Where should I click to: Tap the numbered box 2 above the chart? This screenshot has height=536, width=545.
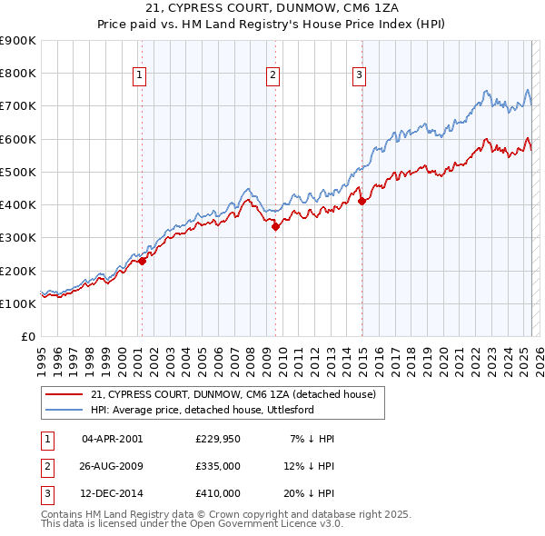[x=272, y=76]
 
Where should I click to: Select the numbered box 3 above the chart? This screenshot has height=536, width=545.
[x=359, y=76]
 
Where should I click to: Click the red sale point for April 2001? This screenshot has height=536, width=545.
[x=142, y=262]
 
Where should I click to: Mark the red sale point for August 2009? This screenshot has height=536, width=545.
[x=275, y=227]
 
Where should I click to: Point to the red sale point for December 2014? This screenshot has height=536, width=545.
[x=362, y=202]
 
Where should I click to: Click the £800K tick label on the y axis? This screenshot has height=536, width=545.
[x=18, y=74]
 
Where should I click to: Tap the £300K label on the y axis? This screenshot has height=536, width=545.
[x=18, y=238]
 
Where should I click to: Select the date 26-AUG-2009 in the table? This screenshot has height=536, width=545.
[x=113, y=466]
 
